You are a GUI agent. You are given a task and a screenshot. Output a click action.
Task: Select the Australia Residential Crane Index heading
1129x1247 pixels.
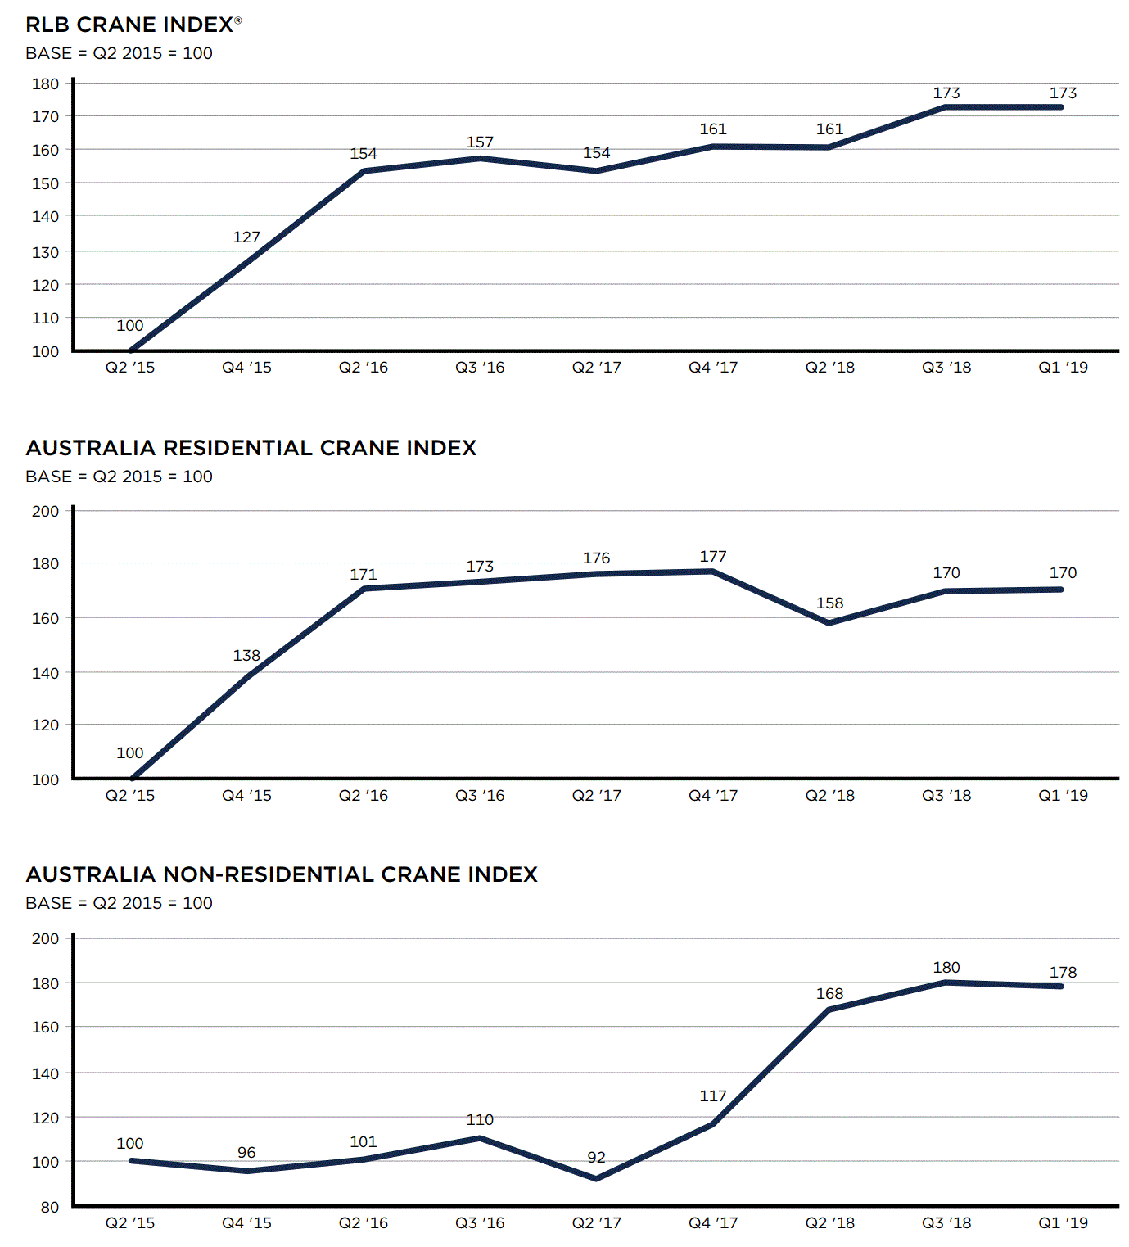click(x=251, y=448)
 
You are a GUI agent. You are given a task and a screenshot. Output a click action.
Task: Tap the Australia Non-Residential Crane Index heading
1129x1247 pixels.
click(x=282, y=874)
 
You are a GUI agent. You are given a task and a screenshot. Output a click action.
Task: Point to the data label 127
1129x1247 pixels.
click(x=246, y=237)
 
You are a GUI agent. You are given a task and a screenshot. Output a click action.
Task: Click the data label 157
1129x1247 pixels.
click(x=480, y=142)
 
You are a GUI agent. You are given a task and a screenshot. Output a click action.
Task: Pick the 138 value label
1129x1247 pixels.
click(x=246, y=656)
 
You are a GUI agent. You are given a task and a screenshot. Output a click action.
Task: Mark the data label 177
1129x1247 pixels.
click(x=713, y=557)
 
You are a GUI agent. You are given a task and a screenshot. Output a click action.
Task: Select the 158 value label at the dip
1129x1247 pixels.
click(x=829, y=603)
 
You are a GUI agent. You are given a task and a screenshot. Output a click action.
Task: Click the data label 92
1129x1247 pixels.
click(x=596, y=1158)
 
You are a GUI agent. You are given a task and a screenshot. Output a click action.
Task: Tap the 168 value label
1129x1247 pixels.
click(x=829, y=994)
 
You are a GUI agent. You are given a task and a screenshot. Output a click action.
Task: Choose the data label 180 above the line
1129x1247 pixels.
click(x=946, y=968)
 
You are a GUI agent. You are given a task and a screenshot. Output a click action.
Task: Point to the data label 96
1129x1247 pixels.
click(x=246, y=1153)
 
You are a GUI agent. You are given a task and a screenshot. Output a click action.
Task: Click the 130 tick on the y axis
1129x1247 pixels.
click(x=46, y=252)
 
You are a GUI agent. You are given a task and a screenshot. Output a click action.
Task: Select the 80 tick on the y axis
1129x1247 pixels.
click(x=49, y=1207)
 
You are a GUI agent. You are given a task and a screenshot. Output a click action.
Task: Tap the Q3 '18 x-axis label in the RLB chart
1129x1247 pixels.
click(x=946, y=368)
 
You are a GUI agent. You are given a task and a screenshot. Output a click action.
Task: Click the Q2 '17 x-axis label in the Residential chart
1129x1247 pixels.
click(x=596, y=796)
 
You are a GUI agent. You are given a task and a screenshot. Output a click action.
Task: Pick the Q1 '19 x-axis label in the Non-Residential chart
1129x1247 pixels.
click(x=1063, y=1223)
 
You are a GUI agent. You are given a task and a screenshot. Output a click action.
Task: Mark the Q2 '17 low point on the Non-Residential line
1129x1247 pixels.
click(x=596, y=1179)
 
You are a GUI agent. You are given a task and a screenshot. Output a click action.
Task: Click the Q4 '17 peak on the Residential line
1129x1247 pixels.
click(x=713, y=571)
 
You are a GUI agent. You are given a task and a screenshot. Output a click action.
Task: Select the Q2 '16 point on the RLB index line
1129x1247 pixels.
click(x=364, y=171)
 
